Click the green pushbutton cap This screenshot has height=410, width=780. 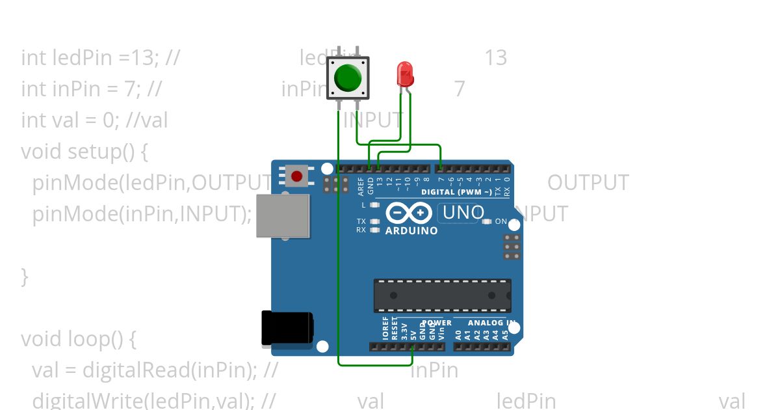click(348, 78)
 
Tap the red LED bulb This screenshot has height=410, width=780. click(404, 74)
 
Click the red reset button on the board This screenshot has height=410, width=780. click(297, 176)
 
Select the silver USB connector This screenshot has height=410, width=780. click(283, 215)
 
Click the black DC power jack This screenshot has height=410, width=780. click(287, 328)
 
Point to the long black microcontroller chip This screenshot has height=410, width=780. click(442, 295)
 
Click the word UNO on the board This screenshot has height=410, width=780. click(463, 213)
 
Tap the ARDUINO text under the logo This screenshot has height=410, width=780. click(411, 230)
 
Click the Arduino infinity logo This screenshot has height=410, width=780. click(409, 213)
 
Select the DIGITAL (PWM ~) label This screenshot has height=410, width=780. click(456, 192)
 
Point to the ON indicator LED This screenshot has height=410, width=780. click(487, 221)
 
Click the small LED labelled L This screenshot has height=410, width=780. click(374, 205)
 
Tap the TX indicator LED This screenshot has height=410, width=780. click(374, 221)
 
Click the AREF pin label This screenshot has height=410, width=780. click(361, 186)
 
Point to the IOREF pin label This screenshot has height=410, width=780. click(385, 329)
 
